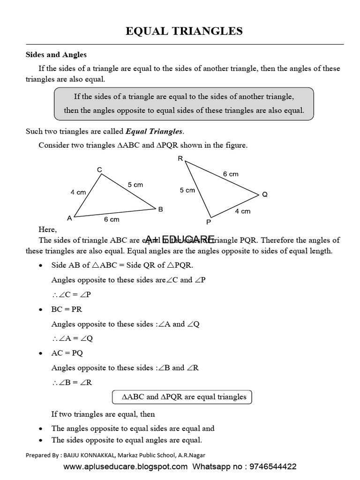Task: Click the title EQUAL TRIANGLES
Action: [184, 31]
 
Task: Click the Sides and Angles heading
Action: [56, 55]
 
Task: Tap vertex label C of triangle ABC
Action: [99, 170]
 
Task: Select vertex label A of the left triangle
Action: [69, 218]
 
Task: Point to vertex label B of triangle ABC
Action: [160, 210]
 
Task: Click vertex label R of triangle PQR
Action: [180, 158]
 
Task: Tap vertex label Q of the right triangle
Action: [265, 194]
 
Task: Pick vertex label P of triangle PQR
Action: [209, 222]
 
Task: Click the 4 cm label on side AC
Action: [78, 192]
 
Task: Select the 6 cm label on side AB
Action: [111, 219]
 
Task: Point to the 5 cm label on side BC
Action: [135, 185]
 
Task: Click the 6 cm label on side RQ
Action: [231, 174]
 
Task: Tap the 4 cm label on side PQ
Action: [242, 211]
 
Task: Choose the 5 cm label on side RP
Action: [187, 190]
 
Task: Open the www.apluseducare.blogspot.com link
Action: [125, 467]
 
